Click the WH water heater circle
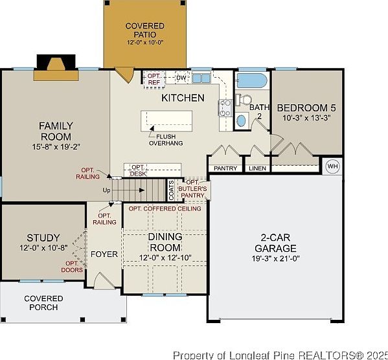[x=332, y=166]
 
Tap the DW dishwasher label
[x=181, y=78]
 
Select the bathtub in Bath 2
[x=252, y=81]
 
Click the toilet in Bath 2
[x=244, y=100]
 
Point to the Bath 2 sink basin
[x=241, y=120]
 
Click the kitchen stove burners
[x=225, y=107]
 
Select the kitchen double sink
[x=201, y=78]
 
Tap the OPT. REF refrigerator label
[x=154, y=79]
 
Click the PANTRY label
[x=225, y=168]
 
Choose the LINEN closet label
[x=257, y=168]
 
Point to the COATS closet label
[x=171, y=190]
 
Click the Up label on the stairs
[x=106, y=190]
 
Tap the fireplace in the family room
[x=56, y=67]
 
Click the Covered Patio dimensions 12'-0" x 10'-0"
[x=145, y=42]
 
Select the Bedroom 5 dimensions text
[x=306, y=118]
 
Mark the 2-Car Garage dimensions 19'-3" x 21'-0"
[x=276, y=258]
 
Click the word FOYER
[x=104, y=254]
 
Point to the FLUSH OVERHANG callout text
[x=166, y=140]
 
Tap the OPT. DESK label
[x=138, y=170]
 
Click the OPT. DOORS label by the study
[x=72, y=267]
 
